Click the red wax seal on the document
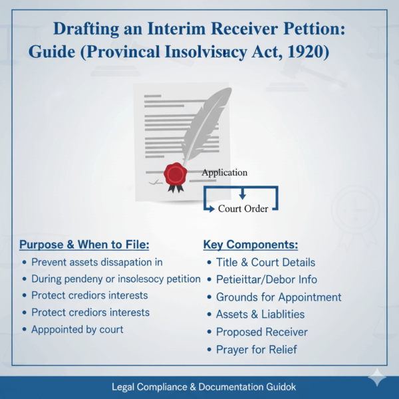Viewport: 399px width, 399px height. pos(176,174)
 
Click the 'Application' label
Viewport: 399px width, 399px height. pos(225,172)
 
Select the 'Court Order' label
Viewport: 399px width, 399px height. pos(243,208)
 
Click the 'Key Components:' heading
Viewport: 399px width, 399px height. pos(251,244)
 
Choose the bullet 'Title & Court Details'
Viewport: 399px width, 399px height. pos(265,262)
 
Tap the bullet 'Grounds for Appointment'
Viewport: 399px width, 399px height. pos(279,297)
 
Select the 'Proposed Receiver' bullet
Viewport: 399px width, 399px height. pos(261,332)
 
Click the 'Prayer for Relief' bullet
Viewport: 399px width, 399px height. pos(256,349)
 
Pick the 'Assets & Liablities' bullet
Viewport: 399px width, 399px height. pos(260,315)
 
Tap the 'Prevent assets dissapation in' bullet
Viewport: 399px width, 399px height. pos(96,262)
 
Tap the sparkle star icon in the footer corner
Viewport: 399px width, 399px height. pos(378,377)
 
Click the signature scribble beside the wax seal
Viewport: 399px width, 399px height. pos(155,181)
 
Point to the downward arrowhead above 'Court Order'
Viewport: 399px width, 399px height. pos(242,196)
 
